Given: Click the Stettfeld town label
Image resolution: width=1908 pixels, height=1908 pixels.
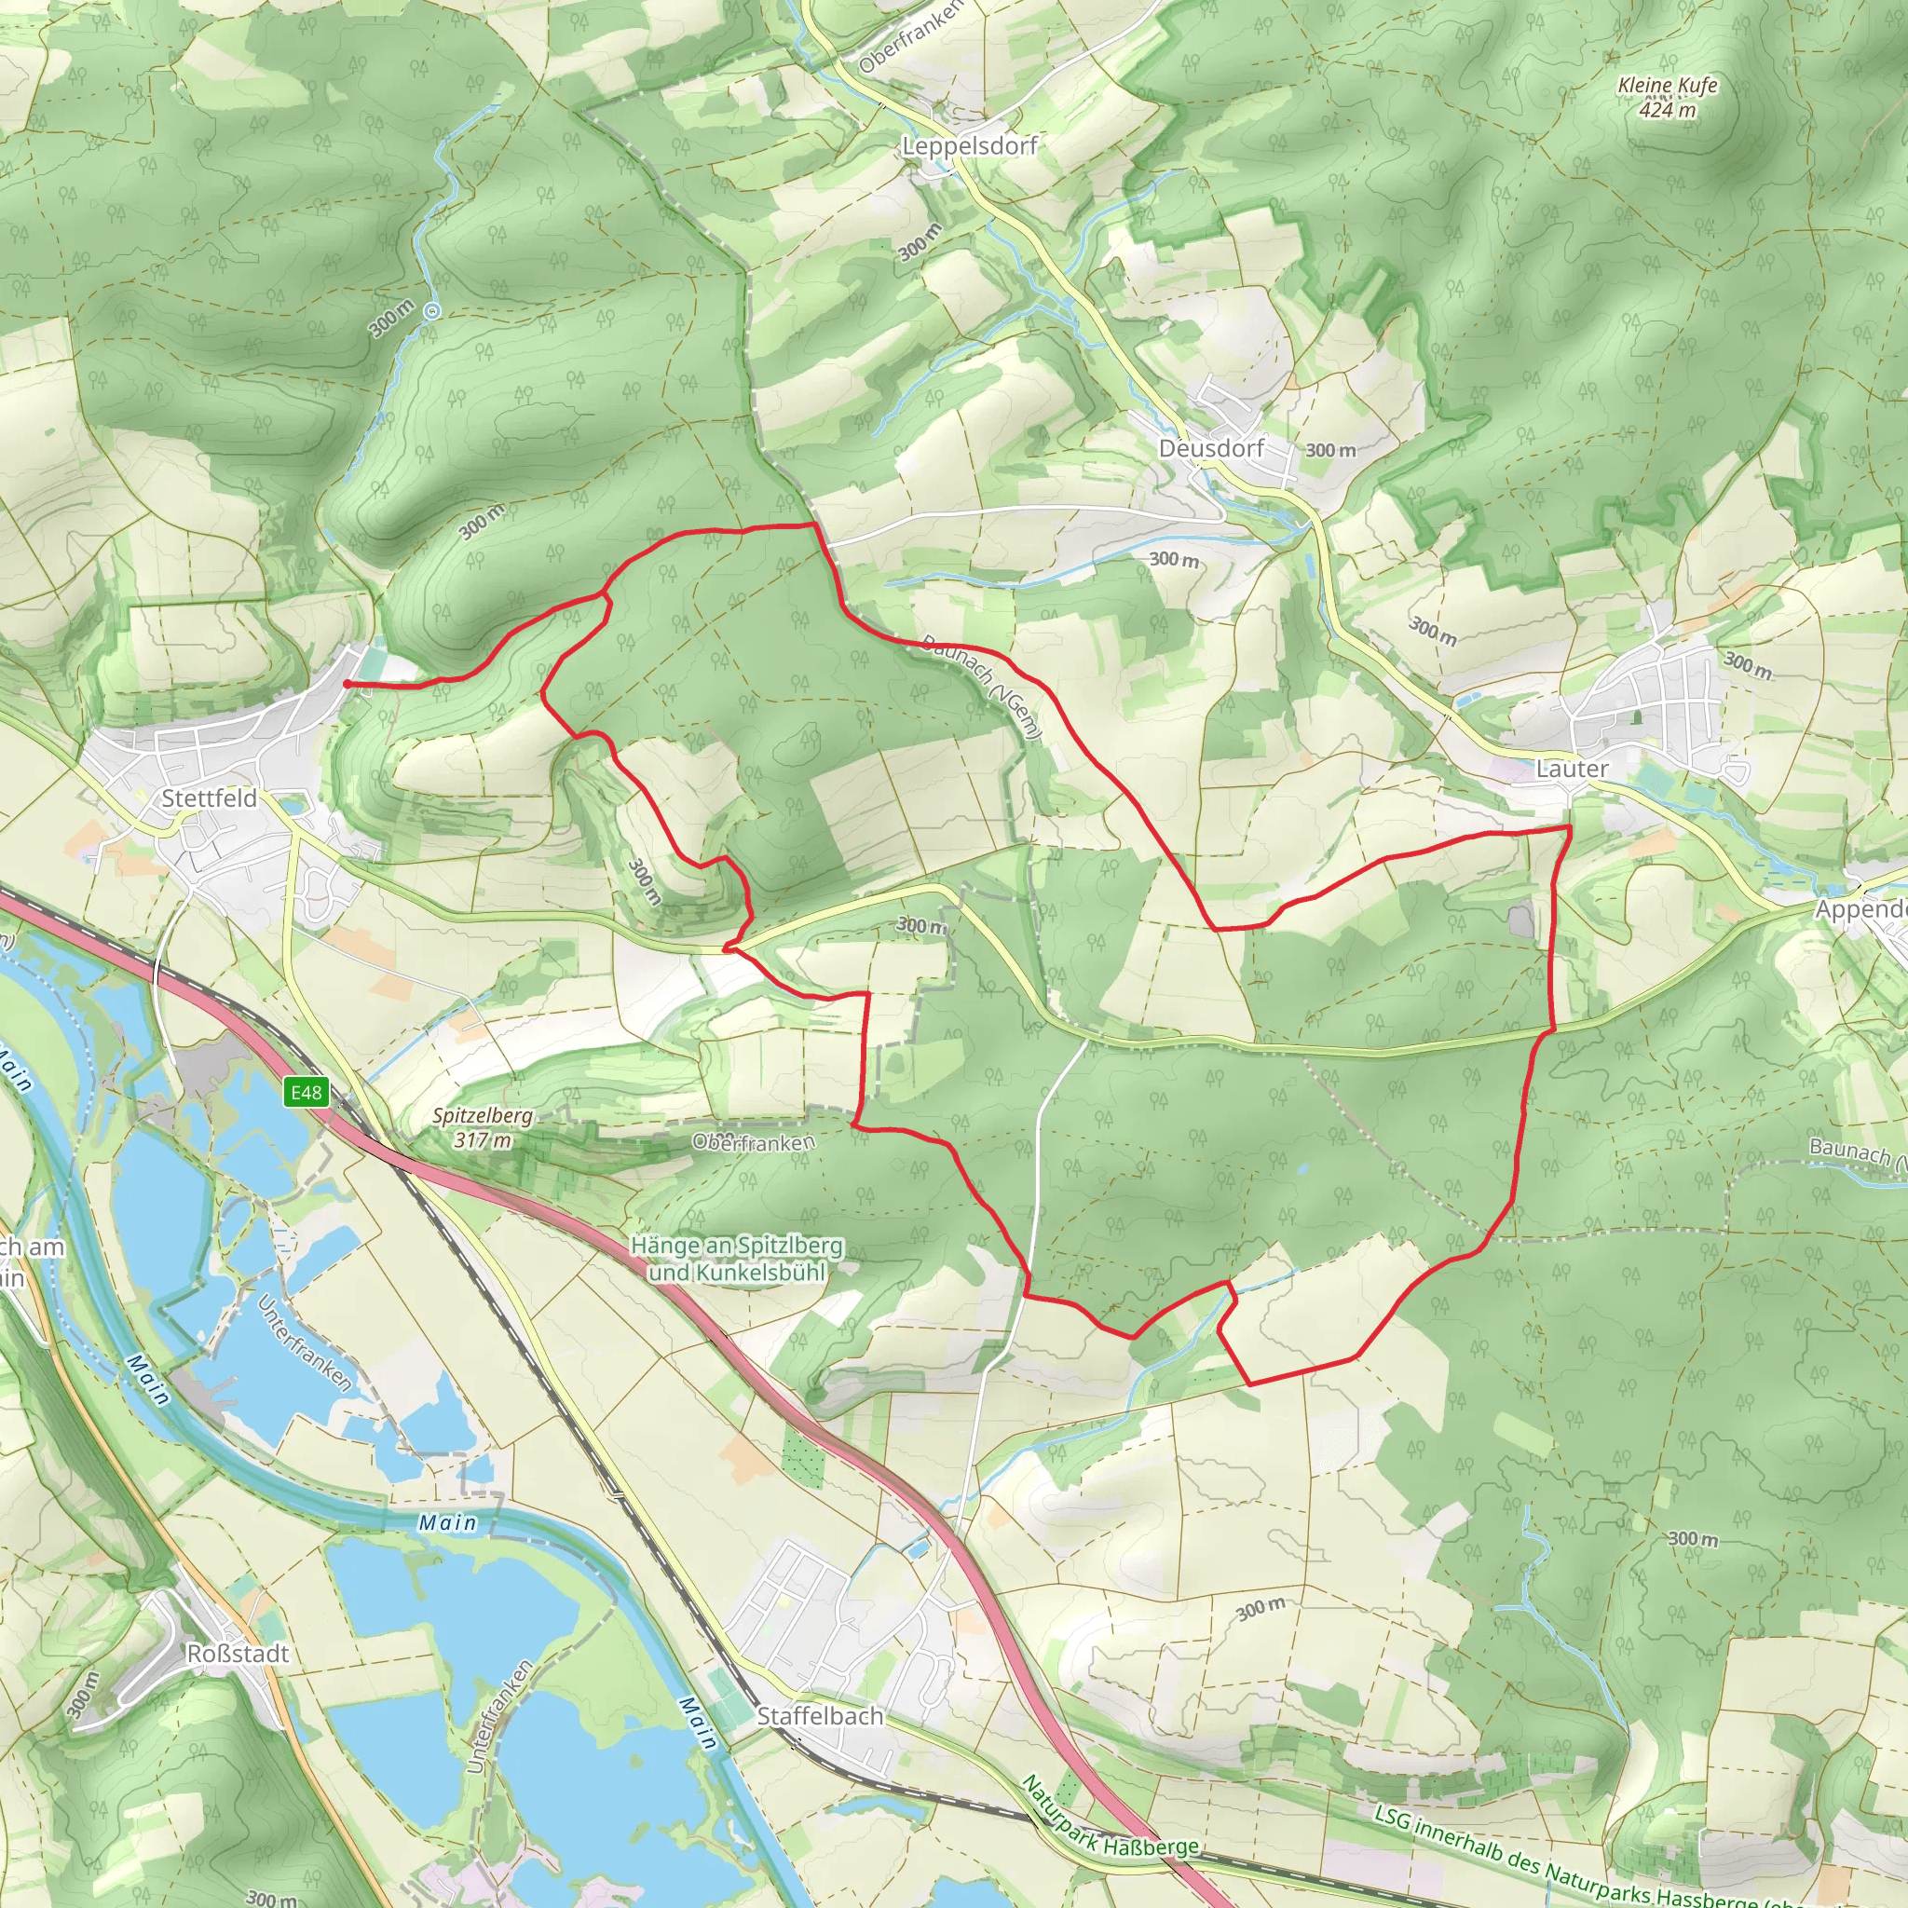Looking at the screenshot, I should pos(209,798).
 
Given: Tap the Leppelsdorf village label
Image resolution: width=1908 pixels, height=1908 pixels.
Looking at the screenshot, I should pos(969,146).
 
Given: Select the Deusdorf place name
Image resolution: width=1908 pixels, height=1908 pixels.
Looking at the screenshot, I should pos(1211,448).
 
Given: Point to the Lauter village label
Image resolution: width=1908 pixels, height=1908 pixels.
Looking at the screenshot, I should pos(1573,769).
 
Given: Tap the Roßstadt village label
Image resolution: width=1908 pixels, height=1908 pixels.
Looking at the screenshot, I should pos(238,1654).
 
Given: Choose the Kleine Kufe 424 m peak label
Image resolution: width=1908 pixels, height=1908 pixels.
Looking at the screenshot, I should pos(1667,98).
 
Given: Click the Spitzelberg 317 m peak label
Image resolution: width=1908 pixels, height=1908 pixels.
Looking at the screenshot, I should pos(483,1128).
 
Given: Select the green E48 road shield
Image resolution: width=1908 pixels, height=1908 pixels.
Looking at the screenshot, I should pos(307,1092).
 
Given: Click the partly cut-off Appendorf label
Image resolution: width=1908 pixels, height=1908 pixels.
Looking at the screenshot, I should pos(1860,909).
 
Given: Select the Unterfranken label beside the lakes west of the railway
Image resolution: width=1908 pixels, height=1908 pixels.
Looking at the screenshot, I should pos(304,1343).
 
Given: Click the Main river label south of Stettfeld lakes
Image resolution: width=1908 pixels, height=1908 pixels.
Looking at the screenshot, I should pos(447,1523).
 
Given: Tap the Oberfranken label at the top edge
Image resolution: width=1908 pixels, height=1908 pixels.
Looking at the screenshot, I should pos(909,36).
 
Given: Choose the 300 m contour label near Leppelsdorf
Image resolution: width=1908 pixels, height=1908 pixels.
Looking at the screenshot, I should pos(920,242).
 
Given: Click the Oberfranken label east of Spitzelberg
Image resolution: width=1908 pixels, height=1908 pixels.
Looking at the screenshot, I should pos(755,1142).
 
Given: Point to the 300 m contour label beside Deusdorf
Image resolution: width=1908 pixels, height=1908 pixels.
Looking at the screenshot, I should pos(1330,450).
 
